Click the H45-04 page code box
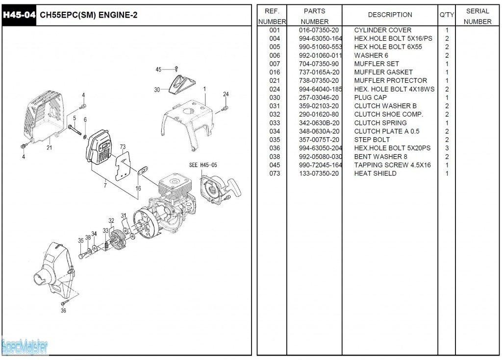coord(19,15)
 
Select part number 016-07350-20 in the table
coord(319,30)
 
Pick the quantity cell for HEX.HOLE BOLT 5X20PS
coord(447,148)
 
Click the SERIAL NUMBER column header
coord(477,16)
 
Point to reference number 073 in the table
coord(275,173)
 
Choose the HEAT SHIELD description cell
coord(375,173)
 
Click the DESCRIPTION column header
coord(390,15)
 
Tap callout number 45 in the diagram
coord(158,70)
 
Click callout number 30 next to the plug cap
coord(157,90)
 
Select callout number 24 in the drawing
coord(226,94)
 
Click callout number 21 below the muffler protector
coord(50,147)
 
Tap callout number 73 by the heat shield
coord(123,146)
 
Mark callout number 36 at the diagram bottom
coord(63,311)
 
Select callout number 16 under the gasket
coord(138,188)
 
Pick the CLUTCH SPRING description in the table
coord(380,123)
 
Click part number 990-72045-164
coord(321,165)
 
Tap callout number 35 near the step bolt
coord(80,240)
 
